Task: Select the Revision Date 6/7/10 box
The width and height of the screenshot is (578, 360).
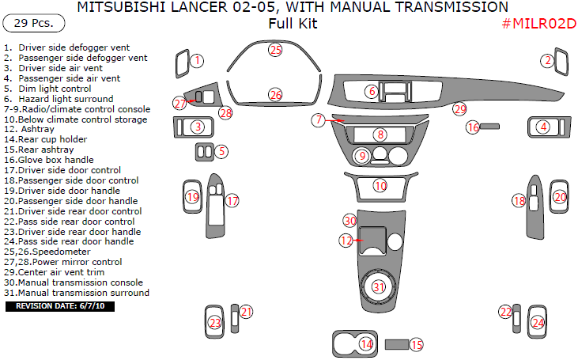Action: [60, 305]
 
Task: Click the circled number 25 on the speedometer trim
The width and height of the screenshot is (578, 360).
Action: [274, 50]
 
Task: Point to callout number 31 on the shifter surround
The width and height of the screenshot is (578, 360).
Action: [380, 286]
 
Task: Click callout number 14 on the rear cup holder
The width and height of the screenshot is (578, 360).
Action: [366, 343]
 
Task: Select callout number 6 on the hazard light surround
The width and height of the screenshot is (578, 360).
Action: [371, 92]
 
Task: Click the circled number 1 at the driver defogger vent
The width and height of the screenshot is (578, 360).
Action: [198, 60]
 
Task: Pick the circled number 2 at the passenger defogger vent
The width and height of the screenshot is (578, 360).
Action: [546, 60]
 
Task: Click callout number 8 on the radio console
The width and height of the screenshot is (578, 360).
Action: [380, 135]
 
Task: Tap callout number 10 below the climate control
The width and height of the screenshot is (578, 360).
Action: [380, 186]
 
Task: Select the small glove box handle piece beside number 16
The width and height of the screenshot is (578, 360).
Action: [491, 126]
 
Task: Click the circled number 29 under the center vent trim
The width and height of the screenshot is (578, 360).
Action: [459, 109]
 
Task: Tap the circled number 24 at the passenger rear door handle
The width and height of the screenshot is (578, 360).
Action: [538, 323]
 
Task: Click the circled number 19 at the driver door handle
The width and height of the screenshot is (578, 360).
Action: [192, 197]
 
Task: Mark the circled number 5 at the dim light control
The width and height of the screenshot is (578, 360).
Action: [222, 150]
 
